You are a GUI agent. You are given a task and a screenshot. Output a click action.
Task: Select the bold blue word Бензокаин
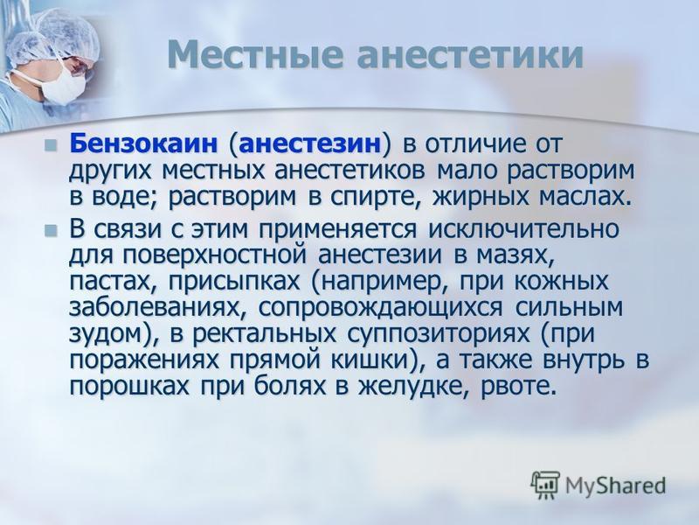(x=143, y=143)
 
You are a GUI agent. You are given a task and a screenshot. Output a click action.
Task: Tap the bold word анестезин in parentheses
(x=310, y=145)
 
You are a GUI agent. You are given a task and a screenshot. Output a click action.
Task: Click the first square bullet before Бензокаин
(x=51, y=145)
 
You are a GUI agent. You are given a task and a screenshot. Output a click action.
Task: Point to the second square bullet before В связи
(x=51, y=230)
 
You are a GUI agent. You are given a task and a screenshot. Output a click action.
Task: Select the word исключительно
(x=523, y=229)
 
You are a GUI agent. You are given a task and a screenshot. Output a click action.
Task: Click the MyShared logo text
(x=616, y=486)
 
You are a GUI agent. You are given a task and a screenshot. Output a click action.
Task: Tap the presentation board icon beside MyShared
(x=545, y=485)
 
